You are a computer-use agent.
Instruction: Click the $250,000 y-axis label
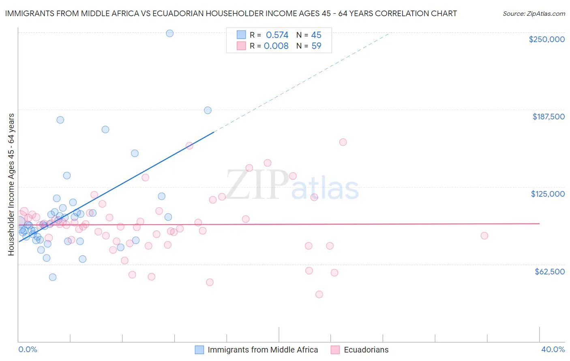[546, 39]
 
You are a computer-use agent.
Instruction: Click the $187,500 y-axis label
[548, 117]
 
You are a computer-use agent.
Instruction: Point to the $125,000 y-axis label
[548, 194]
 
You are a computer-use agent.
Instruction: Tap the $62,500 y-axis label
[549, 272]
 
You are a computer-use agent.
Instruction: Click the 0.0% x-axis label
[28, 349]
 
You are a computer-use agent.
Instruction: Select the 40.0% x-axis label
[553, 349]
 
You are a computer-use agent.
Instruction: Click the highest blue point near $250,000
[170, 33]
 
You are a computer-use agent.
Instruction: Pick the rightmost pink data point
[484, 236]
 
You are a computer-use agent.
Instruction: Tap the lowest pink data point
[319, 294]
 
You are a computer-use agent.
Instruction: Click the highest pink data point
[343, 142]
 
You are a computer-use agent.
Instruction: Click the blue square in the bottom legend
[199, 350]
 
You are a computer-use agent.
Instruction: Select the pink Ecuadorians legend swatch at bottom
[335, 350]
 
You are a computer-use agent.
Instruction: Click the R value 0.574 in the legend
[277, 35]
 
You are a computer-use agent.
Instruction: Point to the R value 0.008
[276, 46]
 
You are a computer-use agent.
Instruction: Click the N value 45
[316, 35]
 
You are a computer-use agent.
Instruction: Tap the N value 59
[316, 46]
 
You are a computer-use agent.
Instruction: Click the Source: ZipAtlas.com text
[534, 13]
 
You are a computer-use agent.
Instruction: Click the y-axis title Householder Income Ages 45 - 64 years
[11, 184]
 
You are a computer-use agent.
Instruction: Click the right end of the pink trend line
[539, 223]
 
